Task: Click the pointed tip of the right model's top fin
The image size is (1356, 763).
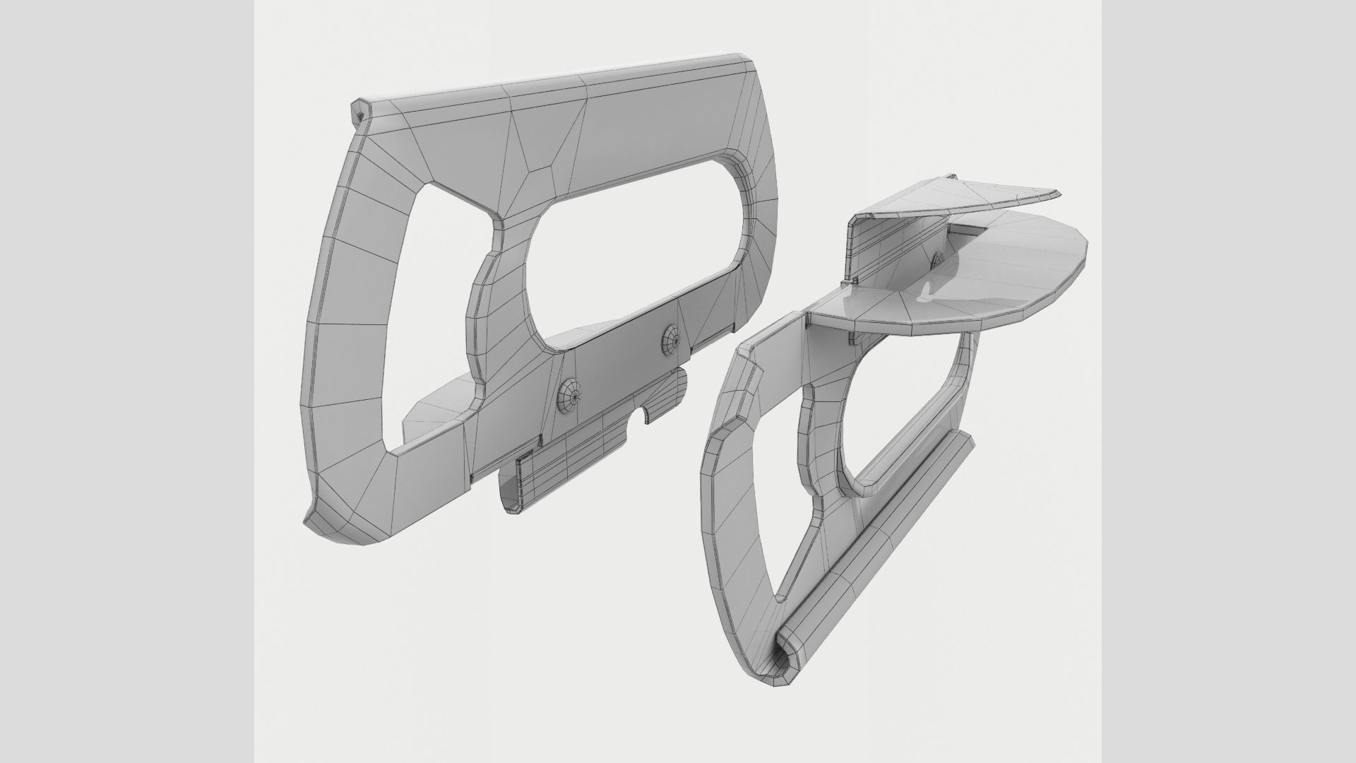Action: click(x=1057, y=192)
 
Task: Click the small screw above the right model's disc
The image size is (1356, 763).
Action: click(x=940, y=260)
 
